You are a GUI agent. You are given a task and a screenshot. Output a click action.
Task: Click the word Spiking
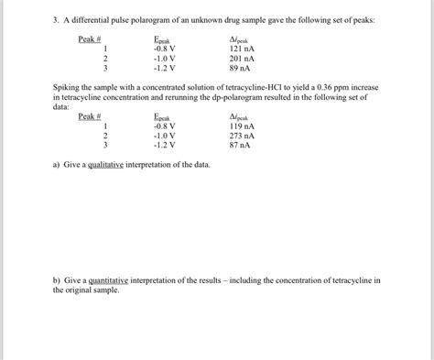pyautogui.click(x=69, y=87)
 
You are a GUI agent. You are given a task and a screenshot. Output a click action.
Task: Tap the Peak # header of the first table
pyautogui.click(x=89, y=39)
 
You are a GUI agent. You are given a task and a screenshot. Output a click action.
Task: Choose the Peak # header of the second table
pyautogui.click(x=89, y=116)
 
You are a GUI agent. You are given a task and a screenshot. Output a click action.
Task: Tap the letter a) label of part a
pyautogui.click(x=57, y=165)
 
